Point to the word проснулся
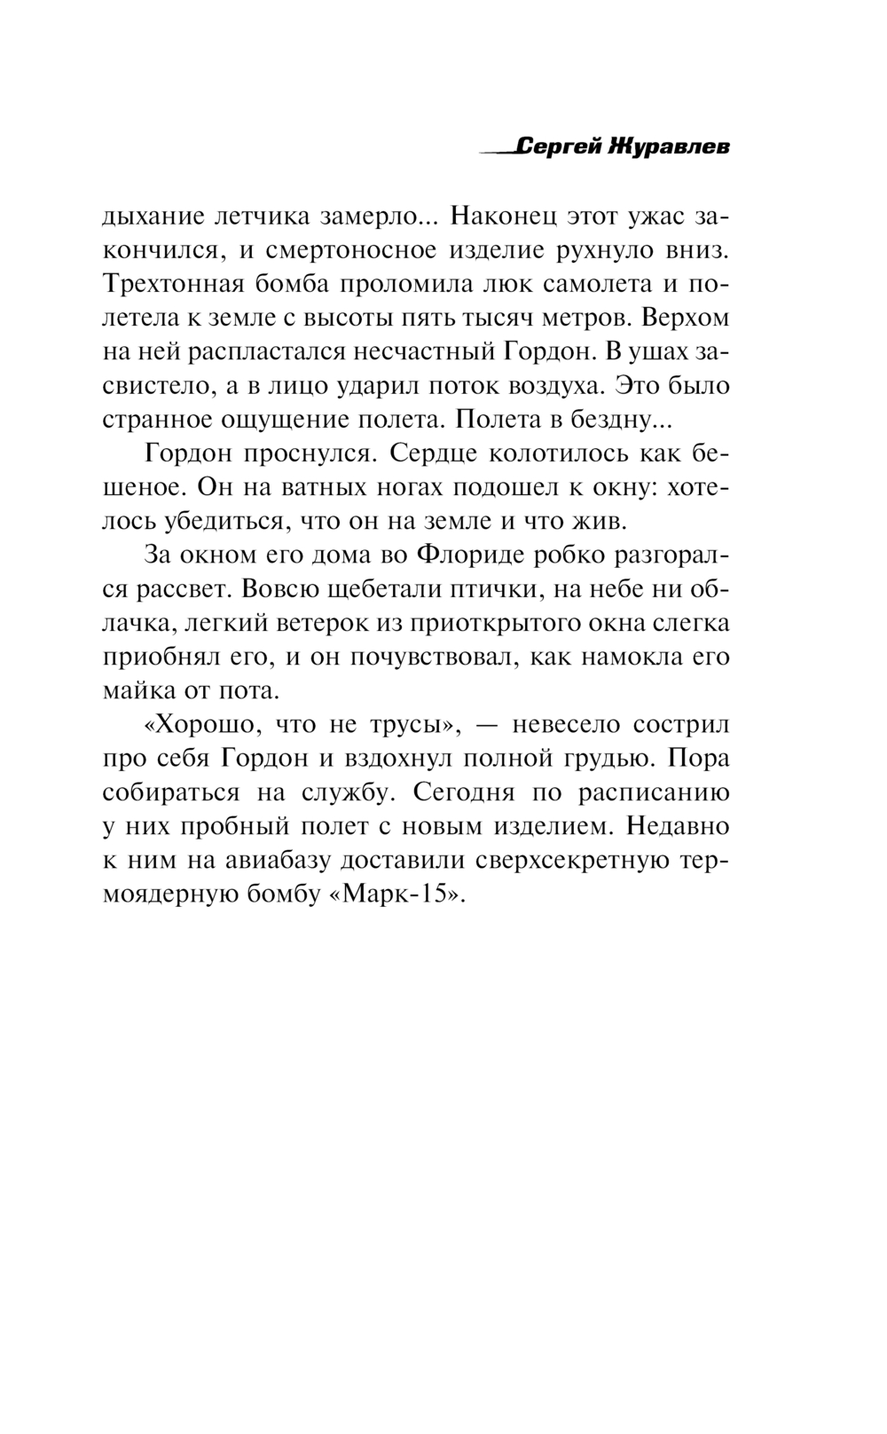317,453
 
